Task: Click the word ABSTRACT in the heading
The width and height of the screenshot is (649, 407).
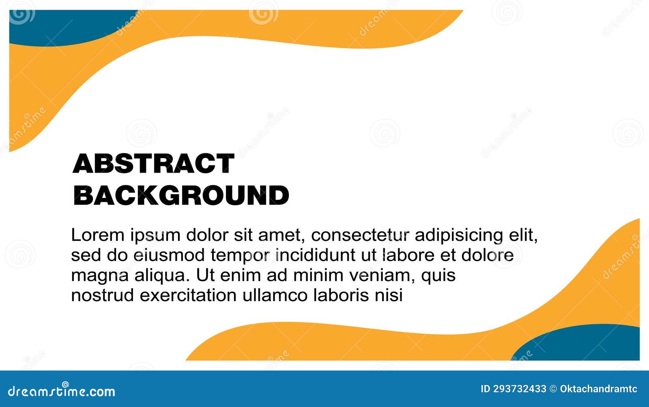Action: point(153,163)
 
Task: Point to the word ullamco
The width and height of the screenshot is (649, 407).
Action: point(275,295)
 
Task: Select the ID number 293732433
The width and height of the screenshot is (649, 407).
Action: point(520,389)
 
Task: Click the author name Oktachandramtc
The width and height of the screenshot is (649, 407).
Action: point(598,389)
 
